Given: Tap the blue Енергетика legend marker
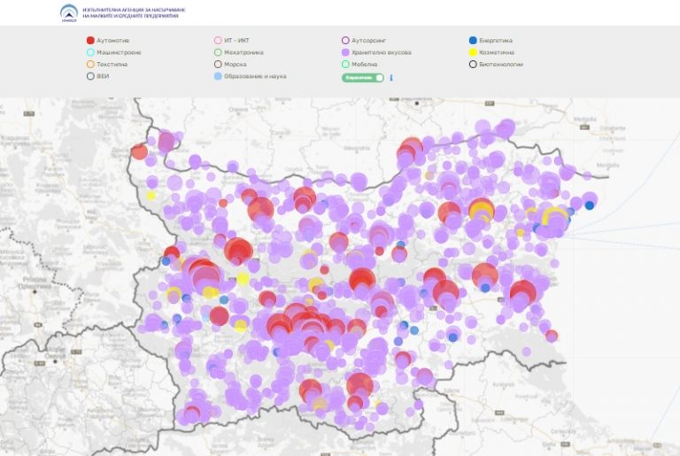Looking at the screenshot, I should click(x=473, y=40).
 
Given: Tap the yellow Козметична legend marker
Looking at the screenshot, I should click(x=473, y=52).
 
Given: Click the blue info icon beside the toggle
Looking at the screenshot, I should click(x=391, y=78).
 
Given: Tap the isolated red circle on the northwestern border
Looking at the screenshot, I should click(x=139, y=151).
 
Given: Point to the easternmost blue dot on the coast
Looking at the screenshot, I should click(x=590, y=205).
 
